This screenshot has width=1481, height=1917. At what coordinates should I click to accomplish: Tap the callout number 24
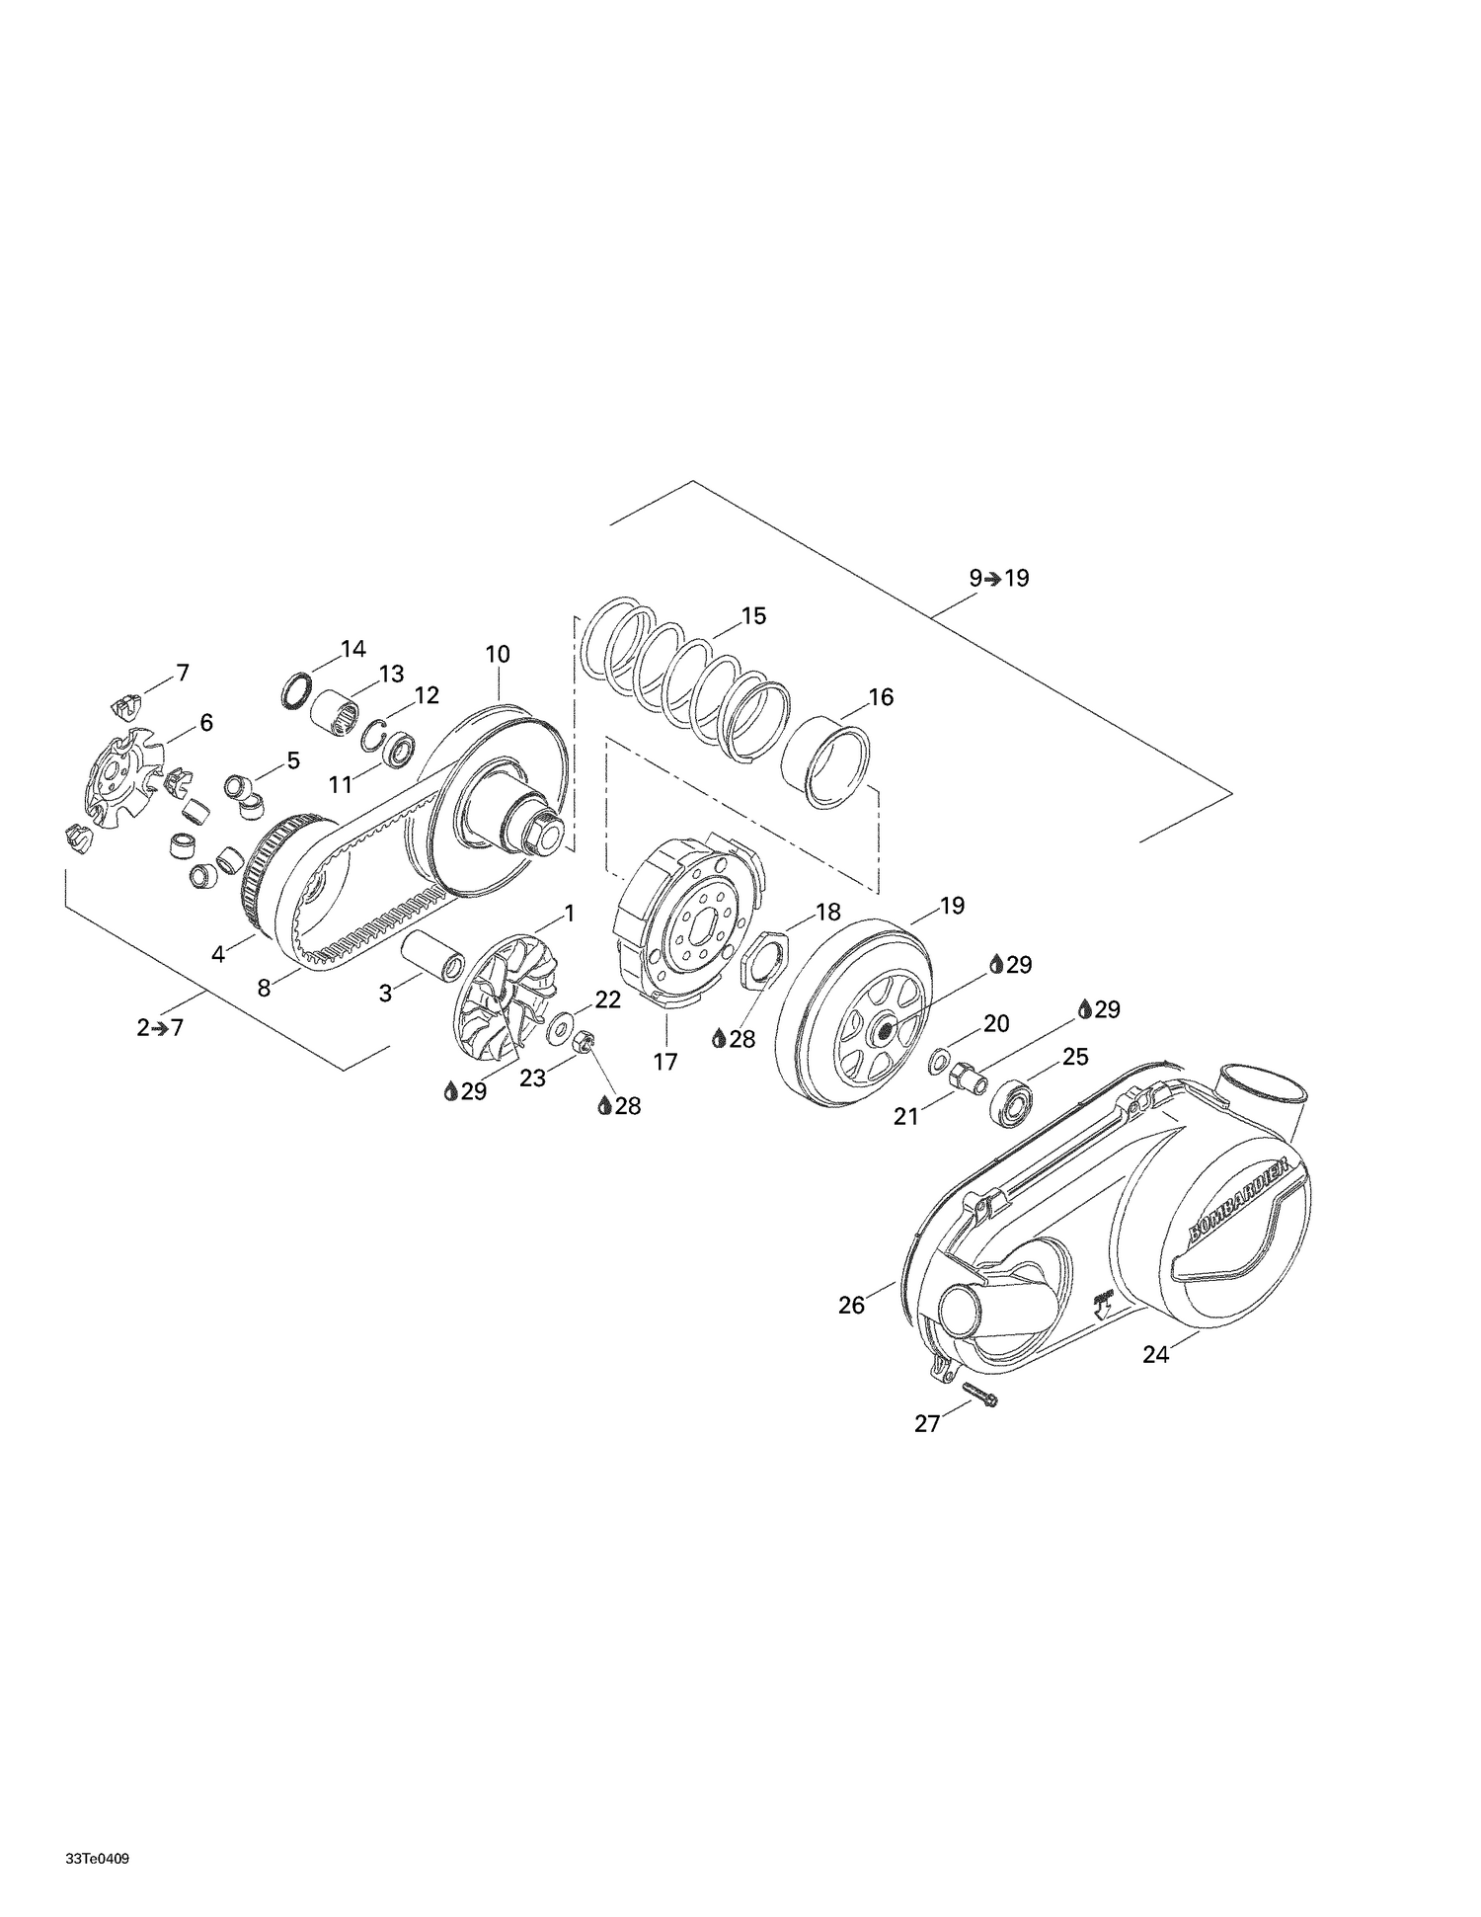point(1155,1355)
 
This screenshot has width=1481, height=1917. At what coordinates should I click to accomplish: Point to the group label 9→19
point(998,578)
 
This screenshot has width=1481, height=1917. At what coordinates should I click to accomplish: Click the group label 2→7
point(160,1027)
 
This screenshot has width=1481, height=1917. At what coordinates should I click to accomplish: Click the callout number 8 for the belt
point(264,988)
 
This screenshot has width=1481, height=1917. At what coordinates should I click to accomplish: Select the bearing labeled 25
point(1013,1104)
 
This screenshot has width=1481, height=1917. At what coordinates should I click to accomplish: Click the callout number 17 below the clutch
point(665,1062)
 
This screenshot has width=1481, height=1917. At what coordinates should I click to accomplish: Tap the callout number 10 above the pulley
point(498,654)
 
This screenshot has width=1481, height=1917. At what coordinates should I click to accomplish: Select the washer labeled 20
point(936,1063)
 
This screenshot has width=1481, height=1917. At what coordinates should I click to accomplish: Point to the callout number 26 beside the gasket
point(851,1305)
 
